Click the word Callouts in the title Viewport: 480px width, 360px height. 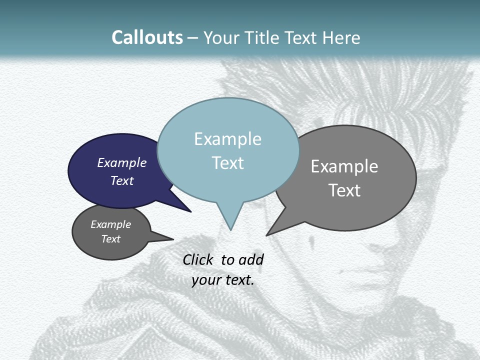coord(147,37)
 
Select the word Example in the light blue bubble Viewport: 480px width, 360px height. coord(227,139)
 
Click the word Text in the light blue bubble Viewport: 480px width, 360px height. coord(227,163)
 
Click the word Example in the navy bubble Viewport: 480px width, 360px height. coord(122,163)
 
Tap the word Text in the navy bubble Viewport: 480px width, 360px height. coord(122,180)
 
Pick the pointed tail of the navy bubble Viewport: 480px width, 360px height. coord(190,211)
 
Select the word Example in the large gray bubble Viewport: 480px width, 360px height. coord(344,166)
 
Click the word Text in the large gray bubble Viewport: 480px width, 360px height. coord(344,190)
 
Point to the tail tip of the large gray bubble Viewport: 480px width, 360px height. coord(267,235)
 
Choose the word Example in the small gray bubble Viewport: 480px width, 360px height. coord(111,224)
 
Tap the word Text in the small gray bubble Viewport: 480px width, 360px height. coord(111,239)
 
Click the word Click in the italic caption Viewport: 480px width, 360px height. coord(198,259)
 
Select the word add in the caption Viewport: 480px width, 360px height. coord(251,259)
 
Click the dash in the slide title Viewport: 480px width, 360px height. coord(193,38)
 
